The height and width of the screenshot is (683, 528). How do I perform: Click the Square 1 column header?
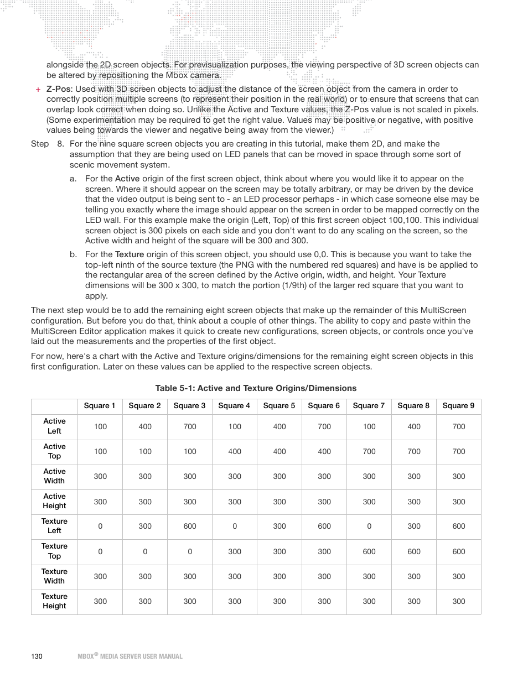(x=100, y=405)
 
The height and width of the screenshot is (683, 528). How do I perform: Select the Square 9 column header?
(x=458, y=405)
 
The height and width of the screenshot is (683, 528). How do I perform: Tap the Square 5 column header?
(x=279, y=405)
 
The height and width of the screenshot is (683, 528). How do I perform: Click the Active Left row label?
(x=54, y=426)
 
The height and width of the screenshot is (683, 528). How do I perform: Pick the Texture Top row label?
(x=54, y=551)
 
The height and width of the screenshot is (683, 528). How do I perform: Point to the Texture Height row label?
(x=54, y=601)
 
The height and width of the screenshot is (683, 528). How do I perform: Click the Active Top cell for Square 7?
(x=369, y=451)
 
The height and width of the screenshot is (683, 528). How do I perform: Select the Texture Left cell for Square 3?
(x=190, y=526)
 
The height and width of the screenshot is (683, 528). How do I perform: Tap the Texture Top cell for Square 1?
(x=100, y=551)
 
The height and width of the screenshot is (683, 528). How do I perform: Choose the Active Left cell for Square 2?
(x=145, y=426)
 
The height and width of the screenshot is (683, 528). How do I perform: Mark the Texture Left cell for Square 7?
(x=369, y=526)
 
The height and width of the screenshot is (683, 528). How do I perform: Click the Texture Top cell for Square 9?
(x=459, y=551)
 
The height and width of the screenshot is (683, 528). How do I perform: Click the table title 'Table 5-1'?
(x=256, y=388)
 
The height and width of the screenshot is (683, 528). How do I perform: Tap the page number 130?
(x=37, y=656)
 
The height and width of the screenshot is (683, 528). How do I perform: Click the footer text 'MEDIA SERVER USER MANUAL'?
(x=141, y=656)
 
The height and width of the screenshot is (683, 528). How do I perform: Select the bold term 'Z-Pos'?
(x=58, y=89)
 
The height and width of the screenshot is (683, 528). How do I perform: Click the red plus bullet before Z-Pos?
(x=38, y=90)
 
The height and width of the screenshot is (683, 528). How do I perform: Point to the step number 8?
(x=60, y=144)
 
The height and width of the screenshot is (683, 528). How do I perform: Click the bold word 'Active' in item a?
(x=127, y=179)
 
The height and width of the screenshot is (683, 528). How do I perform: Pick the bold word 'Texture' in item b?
(x=130, y=254)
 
